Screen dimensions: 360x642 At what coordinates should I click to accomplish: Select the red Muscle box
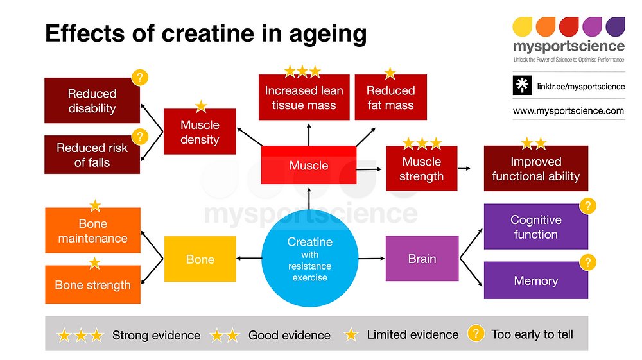pyautogui.click(x=309, y=166)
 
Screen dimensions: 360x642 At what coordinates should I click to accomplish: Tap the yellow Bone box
pyautogui.click(x=200, y=259)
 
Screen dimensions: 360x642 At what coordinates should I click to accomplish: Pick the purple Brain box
pyautogui.click(x=422, y=259)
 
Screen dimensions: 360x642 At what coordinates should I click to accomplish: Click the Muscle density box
pyautogui.click(x=200, y=132)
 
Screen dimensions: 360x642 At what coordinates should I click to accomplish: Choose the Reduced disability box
pyautogui.click(x=92, y=101)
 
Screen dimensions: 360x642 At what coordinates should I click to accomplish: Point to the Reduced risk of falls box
pyautogui.click(x=92, y=155)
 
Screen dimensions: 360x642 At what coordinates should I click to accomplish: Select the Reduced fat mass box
pyautogui.click(x=390, y=98)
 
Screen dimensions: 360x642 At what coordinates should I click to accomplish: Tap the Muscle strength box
pyautogui.click(x=421, y=168)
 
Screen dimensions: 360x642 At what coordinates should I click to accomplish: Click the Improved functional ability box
pyautogui.click(x=535, y=169)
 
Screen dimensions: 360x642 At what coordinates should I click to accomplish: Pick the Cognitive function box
pyautogui.click(x=535, y=227)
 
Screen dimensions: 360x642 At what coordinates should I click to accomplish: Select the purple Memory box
pyautogui.click(x=535, y=280)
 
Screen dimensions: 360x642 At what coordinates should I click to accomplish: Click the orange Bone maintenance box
pyautogui.click(x=92, y=230)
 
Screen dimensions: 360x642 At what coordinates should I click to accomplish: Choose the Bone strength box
pyautogui.click(x=92, y=284)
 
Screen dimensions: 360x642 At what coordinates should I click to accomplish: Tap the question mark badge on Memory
pyautogui.click(x=587, y=262)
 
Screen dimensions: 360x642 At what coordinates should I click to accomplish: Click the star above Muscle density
pyautogui.click(x=201, y=106)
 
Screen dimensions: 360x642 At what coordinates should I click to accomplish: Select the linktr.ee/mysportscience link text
pyautogui.click(x=580, y=86)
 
